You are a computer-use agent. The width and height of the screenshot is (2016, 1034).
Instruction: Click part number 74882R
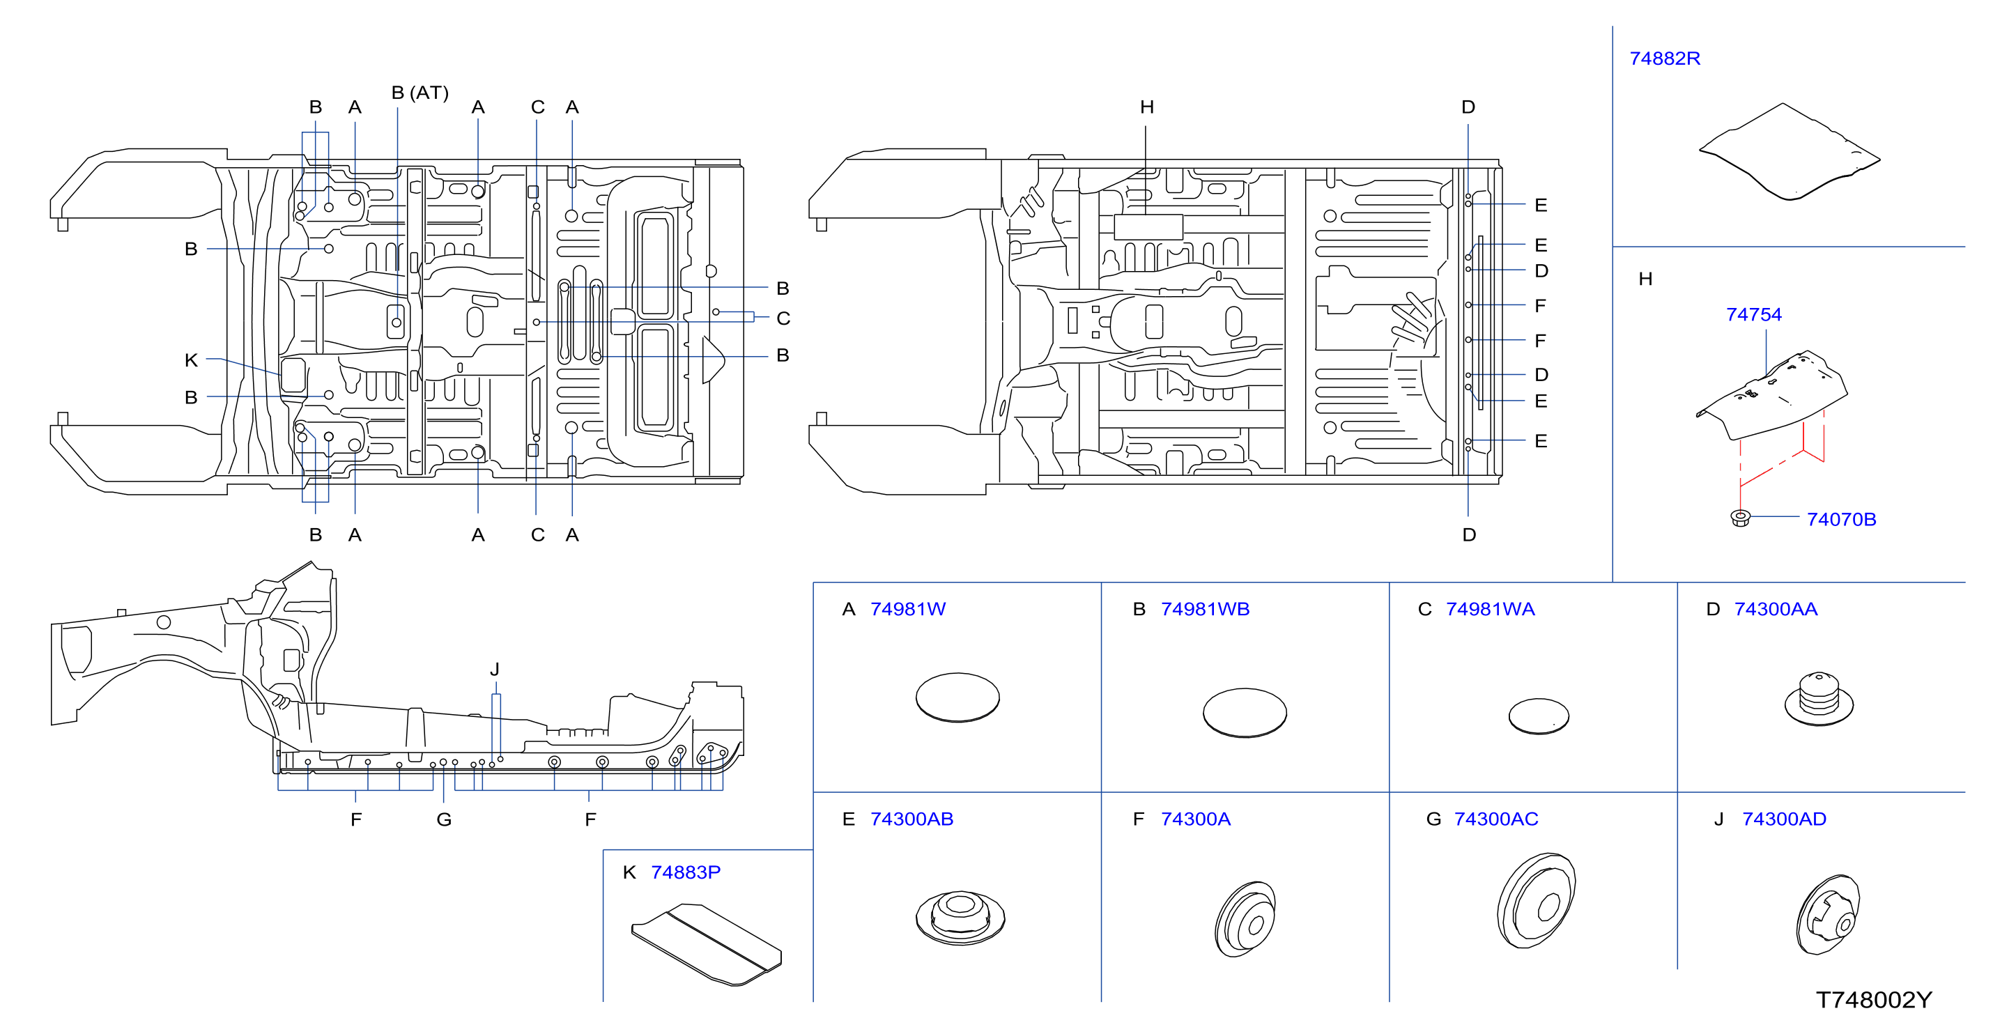point(1665,59)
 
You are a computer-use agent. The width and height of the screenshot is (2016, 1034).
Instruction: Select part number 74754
point(1754,315)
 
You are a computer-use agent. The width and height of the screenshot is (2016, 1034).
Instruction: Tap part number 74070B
point(1842,520)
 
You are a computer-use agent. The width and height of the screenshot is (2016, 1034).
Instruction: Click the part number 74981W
point(908,609)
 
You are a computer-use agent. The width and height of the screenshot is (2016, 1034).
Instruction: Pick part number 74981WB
point(1206,609)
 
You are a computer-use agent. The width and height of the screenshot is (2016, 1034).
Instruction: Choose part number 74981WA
point(1490,609)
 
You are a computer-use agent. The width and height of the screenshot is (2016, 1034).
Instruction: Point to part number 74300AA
point(1776,609)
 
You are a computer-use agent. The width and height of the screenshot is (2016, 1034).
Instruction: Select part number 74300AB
point(911,819)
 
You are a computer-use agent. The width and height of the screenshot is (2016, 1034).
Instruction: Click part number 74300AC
point(1496,819)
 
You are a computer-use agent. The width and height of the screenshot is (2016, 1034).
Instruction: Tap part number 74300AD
point(1785,819)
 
